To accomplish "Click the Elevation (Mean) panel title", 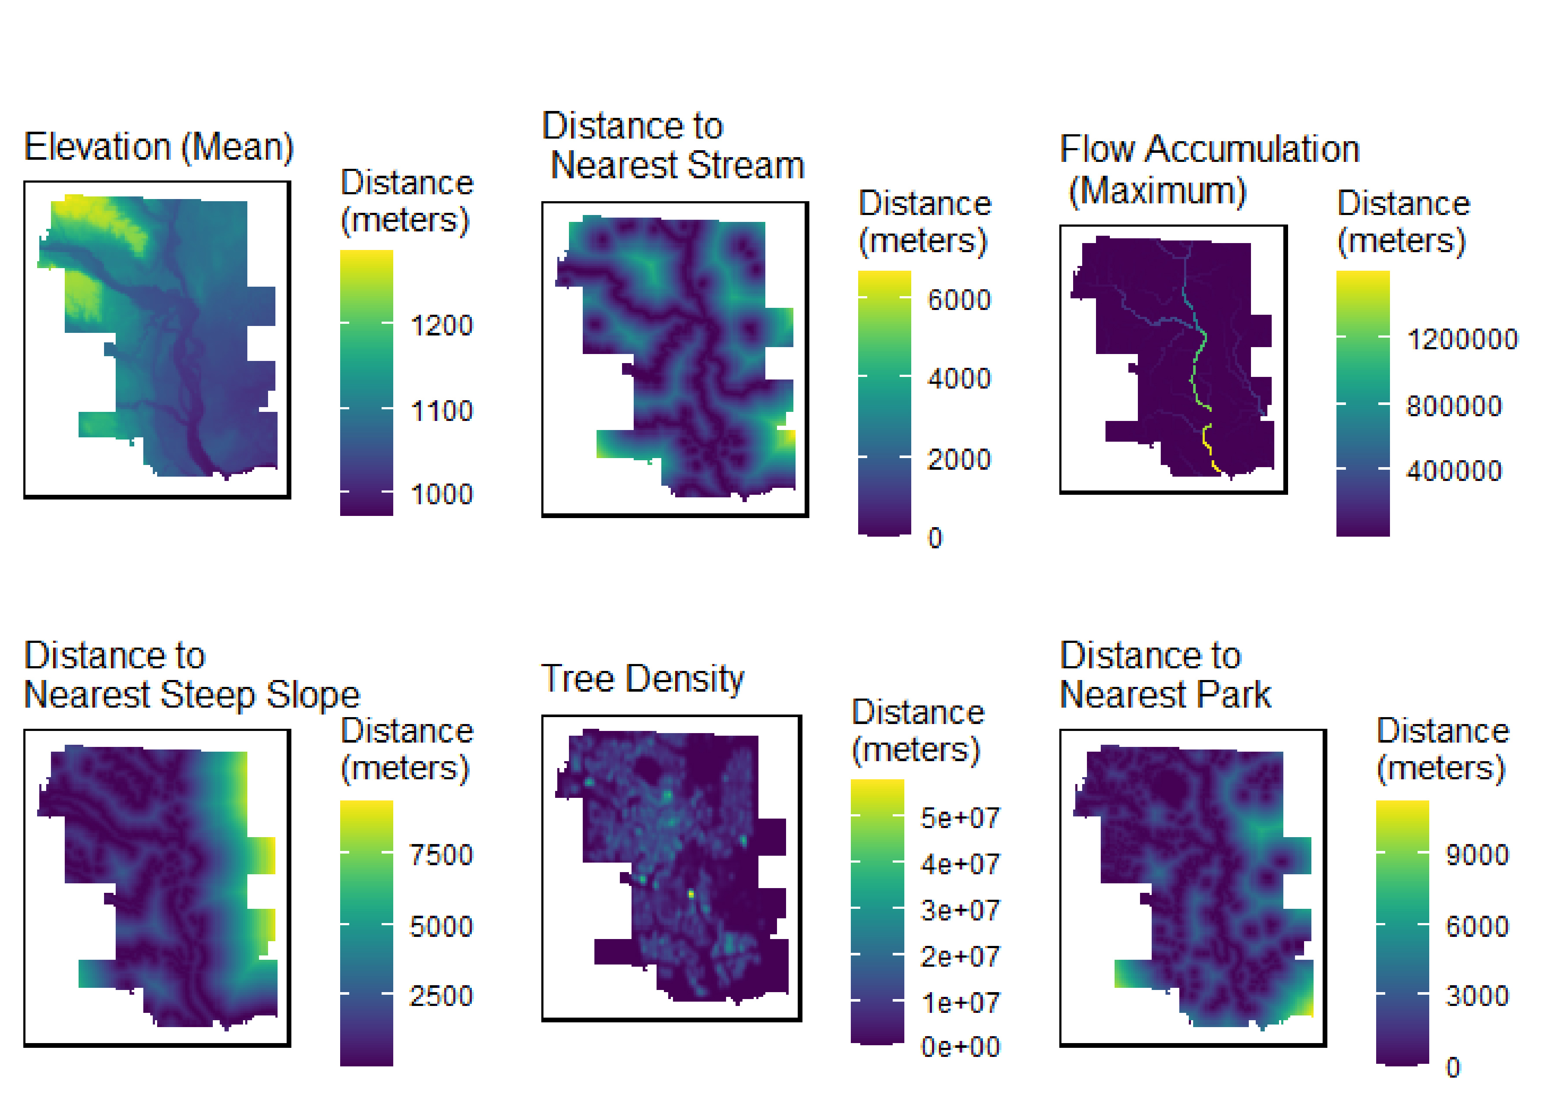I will tap(158, 147).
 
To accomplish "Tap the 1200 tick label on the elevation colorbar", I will tap(441, 326).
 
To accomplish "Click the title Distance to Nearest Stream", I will tap(673, 145).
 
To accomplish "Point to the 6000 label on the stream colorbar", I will tap(959, 299).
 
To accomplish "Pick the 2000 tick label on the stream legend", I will tap(959, 459).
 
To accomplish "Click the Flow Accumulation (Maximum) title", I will tap(1209, 169).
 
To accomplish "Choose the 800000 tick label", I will tap(1453, 406).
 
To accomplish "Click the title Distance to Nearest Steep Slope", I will tap(191, 675).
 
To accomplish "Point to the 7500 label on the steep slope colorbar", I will tap(441, 854).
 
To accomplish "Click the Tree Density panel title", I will tap(642, 679).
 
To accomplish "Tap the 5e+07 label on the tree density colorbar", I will tap(960, 817).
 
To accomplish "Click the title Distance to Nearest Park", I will tap(1165, 675).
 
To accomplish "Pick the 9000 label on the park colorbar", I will tap(1477, 854).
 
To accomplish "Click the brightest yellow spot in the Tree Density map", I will tap(691, 893).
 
